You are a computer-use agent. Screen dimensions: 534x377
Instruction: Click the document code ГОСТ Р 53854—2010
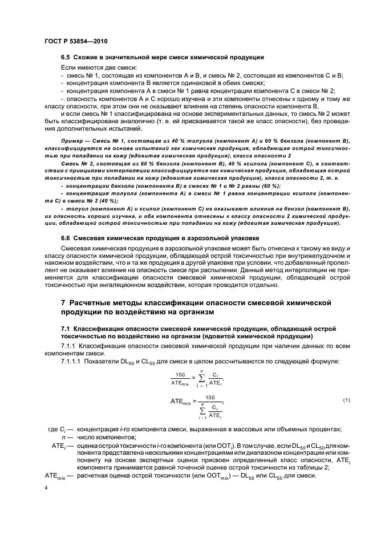point(75,42)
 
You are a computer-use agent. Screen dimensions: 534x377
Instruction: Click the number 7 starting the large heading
point(64,302)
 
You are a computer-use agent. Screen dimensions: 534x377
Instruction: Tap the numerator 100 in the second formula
point(210,397)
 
